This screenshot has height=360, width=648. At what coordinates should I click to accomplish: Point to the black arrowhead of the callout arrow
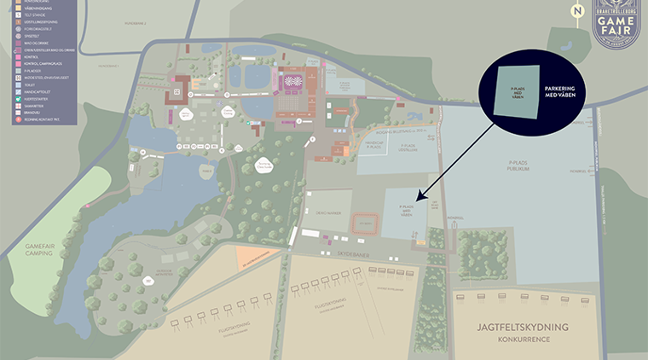(417, 197)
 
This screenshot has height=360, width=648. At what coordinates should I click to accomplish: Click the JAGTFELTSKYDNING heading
(523, 327)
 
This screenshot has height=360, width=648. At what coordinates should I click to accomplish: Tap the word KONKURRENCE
(523, 340)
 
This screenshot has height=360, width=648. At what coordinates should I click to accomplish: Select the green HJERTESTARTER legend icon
(15, 97)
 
